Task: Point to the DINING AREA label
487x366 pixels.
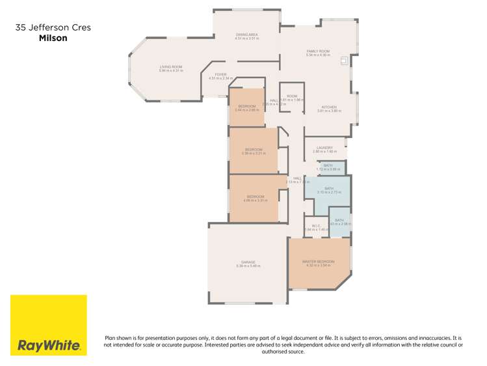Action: point(247,35)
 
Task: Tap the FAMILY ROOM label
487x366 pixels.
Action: point(319,52)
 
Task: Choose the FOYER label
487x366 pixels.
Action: point(220,75)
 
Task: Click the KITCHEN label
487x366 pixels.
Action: point(328,107)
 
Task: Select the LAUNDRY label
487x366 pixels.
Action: point(325,148)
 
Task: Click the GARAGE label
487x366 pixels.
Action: point(248,263)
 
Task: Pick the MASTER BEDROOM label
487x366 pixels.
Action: point(318,262)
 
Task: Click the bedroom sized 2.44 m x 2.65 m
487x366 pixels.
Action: point(246,107)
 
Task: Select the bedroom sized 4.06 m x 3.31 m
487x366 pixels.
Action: point(255,197)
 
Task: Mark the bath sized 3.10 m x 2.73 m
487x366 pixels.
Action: point(328,190)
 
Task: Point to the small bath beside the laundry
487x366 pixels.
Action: point(328,167)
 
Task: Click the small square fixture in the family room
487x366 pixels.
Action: point(344,61)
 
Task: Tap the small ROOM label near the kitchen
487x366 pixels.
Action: point(292,97)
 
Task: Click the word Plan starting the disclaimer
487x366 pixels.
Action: point(111,338)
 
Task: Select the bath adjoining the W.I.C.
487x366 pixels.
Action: point(339,221)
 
